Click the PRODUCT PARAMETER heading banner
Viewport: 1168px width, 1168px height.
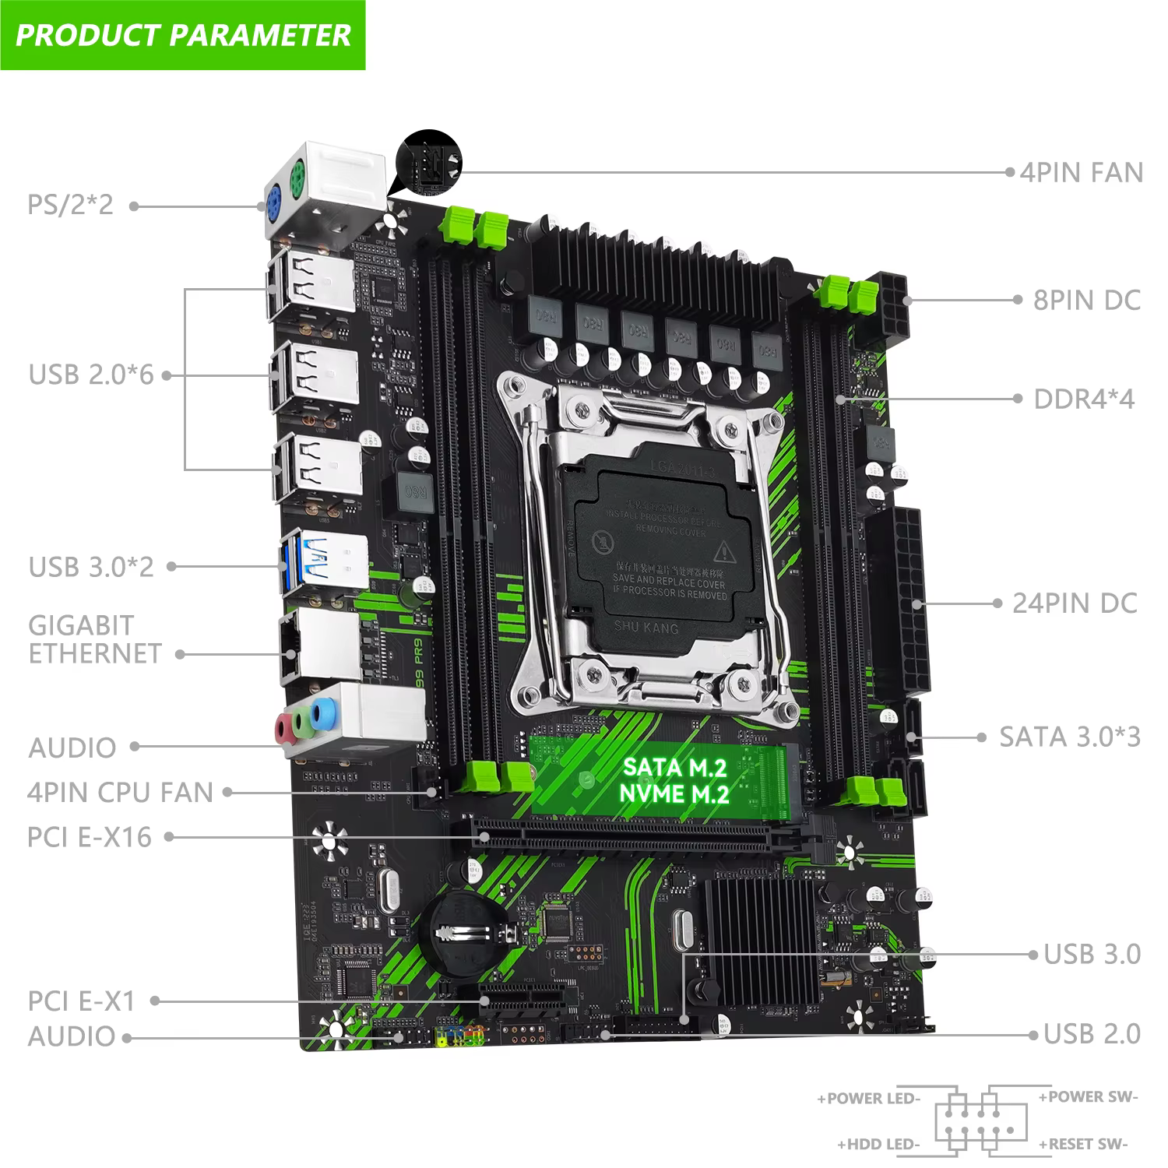[x=183, y=35]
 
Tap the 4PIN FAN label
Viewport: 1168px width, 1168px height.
[x=1081, y=173]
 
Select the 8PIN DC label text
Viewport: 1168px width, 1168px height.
[x=1086, y=301]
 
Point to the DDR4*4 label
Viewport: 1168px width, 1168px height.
[x=1084, y=399]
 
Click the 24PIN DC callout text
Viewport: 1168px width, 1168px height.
[x=1075, y=603]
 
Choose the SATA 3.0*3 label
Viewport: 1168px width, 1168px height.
[x=1070, y=737]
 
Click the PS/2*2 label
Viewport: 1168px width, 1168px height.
[x=71, y=205]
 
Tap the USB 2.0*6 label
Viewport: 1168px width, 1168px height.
[x=91, y=375]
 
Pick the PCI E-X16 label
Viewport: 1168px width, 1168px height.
[x=90, y=837]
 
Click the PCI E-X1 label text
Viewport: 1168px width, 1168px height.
[x=82, y=1001]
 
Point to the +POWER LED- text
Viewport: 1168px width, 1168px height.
[x=868, y=1099]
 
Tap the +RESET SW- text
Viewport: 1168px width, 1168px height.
[x=1082, y=1144]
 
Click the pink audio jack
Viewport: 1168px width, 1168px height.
[x=282, y=729]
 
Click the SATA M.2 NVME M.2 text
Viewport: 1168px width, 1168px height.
[x=675, y=780]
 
